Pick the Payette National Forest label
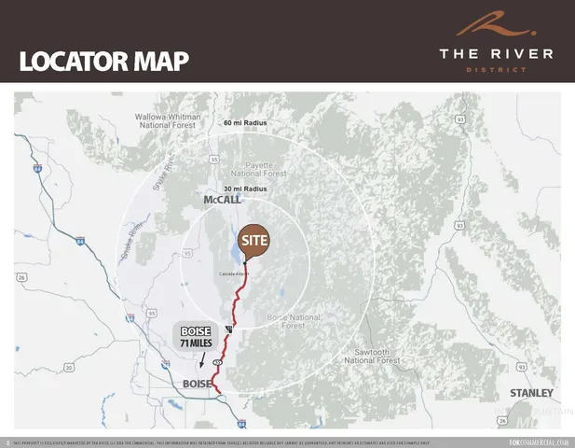tap(260, 168)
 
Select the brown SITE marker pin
tap(254, 241)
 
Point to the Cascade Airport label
tap(234, 273)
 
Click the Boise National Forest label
tap(294, 322)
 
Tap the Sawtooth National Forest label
tap(373, 355)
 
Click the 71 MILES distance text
tap(197, 344)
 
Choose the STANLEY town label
tap(531, 393)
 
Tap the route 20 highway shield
tap(68, 369)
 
